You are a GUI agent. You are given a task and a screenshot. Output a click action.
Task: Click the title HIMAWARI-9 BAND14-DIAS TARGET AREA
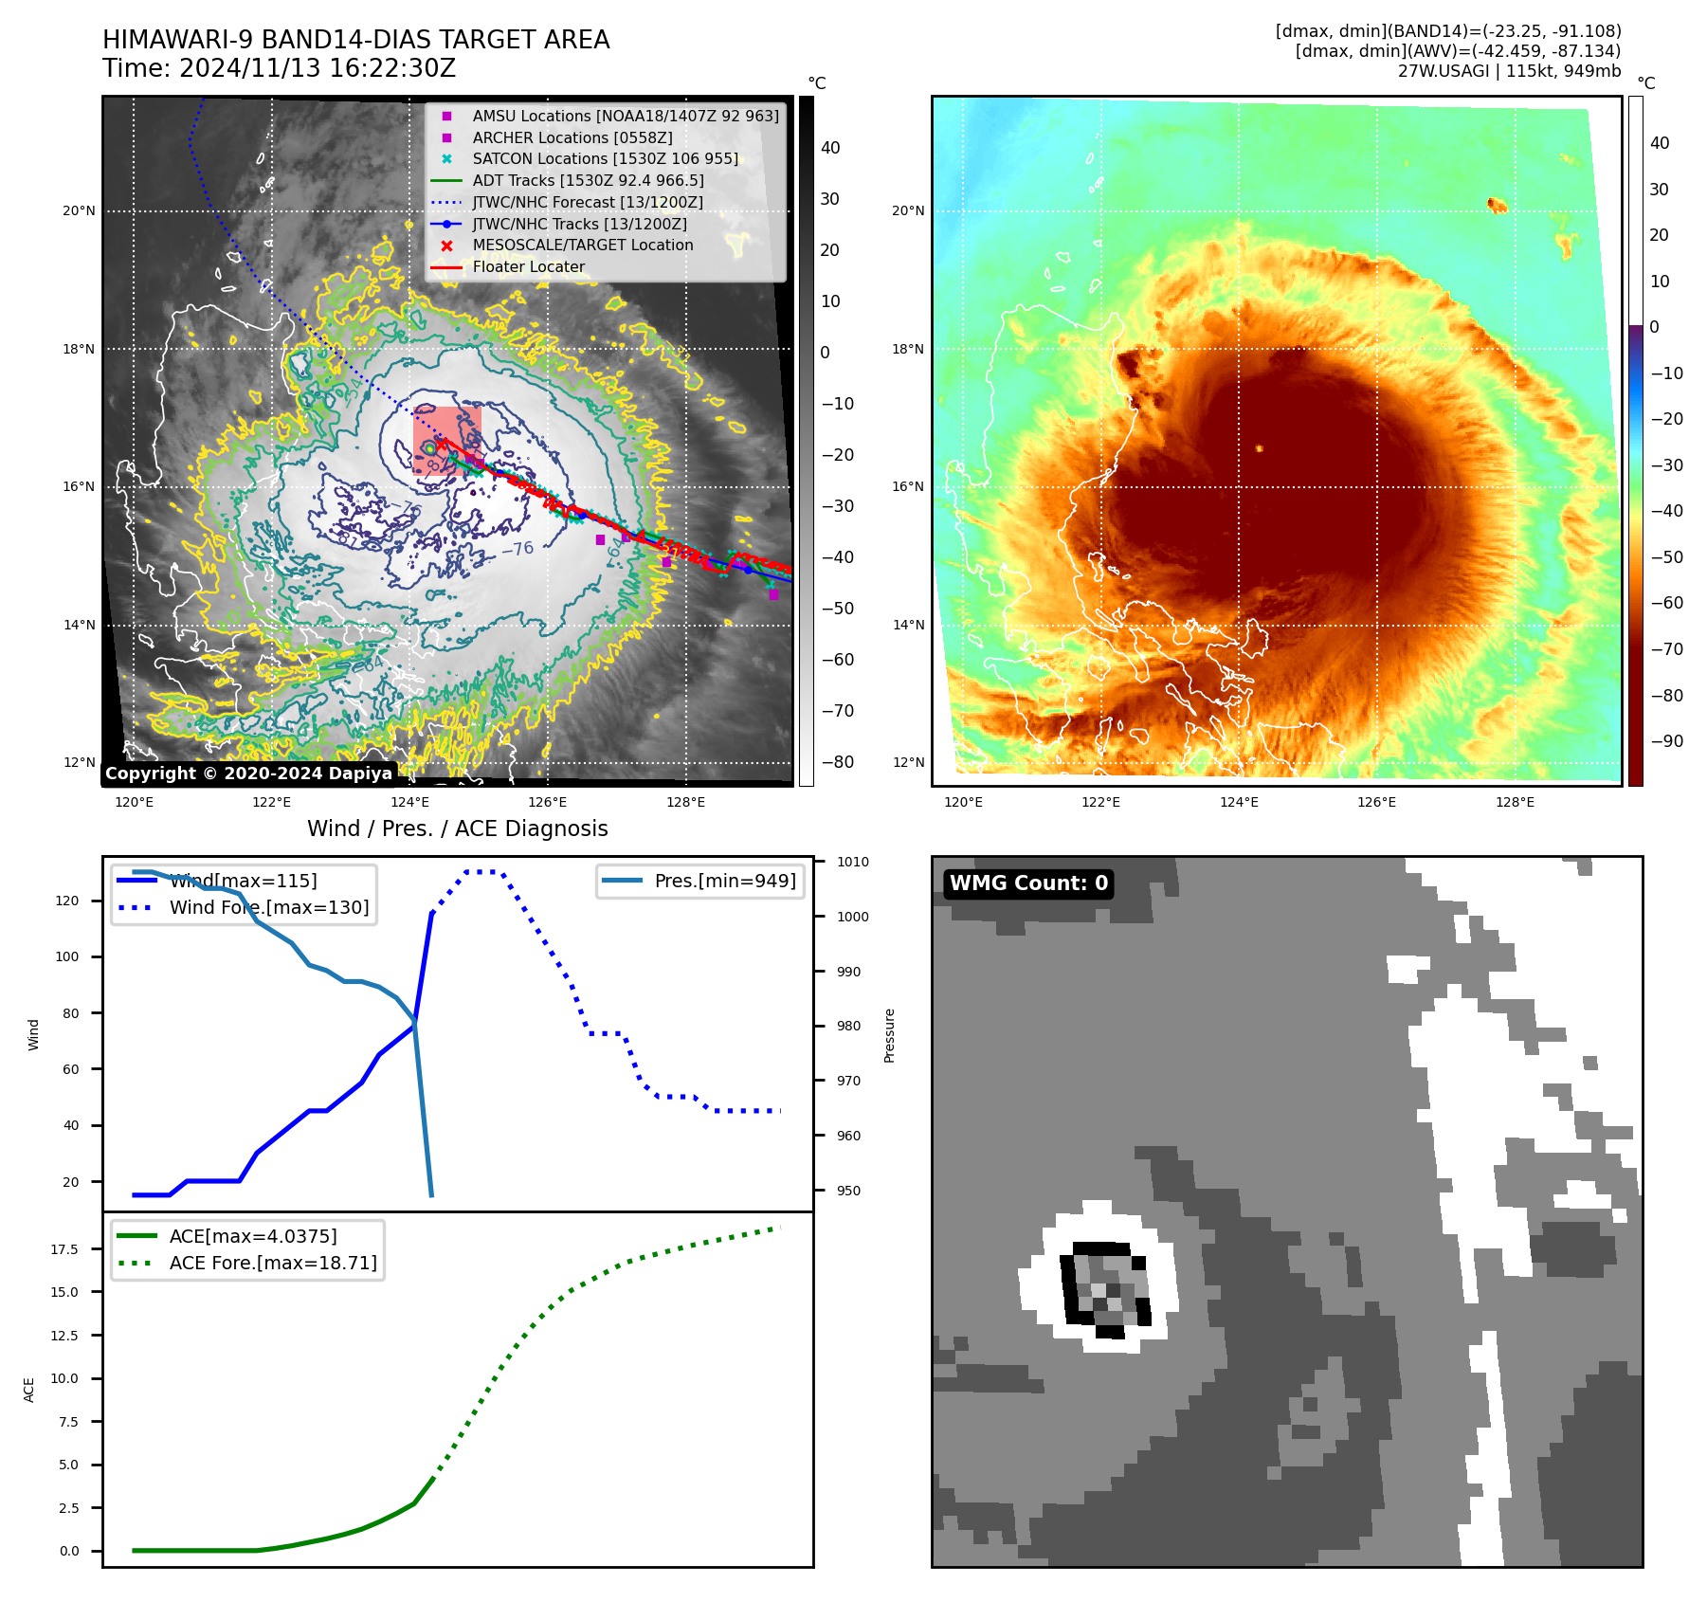355,40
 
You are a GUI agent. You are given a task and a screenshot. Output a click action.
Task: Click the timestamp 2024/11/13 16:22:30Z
317,68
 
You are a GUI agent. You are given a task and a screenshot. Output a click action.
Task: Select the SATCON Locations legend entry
605,158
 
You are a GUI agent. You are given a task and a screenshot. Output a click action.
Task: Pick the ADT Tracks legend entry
588,180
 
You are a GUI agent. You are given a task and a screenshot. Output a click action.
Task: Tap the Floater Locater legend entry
528,266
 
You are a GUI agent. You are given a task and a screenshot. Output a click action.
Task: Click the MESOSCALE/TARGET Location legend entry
582,245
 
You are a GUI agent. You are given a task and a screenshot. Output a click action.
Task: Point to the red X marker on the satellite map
441,444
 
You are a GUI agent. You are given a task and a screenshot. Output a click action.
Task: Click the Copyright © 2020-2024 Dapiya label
248,774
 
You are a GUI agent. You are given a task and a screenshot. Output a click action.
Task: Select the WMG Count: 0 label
1028,883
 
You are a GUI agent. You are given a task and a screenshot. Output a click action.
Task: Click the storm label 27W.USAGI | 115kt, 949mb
1509,71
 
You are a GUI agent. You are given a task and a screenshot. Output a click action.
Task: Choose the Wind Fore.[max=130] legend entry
268,907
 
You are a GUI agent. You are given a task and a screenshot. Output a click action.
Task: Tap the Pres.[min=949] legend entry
724,881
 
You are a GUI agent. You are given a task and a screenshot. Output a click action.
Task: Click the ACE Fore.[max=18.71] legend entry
272,1263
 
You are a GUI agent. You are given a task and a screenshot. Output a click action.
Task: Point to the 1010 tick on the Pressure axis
852,862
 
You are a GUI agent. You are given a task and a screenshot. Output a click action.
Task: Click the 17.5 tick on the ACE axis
64,1249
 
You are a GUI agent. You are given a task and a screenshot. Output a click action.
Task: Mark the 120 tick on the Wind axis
67,901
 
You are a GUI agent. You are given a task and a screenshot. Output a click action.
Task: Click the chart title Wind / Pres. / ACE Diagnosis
457,828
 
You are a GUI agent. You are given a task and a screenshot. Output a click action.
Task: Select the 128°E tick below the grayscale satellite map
685,802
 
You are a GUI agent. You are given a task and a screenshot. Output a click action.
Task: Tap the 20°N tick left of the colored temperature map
908,210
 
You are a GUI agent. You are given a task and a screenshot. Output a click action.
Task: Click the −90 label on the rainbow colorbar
1666,741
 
